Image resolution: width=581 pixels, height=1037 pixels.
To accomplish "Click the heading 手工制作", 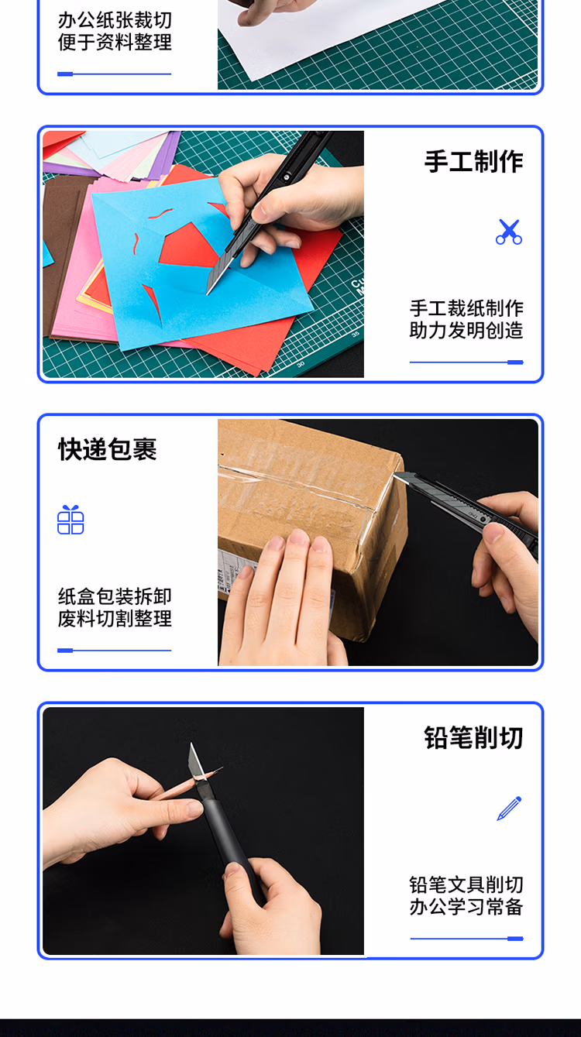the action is point(473,162).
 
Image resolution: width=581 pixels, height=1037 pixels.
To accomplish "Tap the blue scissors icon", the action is point(509,232).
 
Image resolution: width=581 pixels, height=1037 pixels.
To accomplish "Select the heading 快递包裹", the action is point(108,449).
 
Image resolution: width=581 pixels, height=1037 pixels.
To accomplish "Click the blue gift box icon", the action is point(70,520).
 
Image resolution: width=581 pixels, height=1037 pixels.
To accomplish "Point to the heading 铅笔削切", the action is point(473,737).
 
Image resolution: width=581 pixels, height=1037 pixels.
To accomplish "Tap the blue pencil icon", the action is point(509,809).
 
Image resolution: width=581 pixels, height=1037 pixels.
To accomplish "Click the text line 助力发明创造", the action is point(466,331).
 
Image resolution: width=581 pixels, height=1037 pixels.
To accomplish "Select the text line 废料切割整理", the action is point(115,619).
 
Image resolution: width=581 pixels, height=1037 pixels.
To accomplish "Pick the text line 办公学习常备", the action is point(466,906).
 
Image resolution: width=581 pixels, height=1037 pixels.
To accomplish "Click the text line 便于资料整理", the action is point(115,42).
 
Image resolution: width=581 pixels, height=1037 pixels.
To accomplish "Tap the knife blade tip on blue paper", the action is point(208,293).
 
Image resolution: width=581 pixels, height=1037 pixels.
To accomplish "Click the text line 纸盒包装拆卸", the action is point(115,596).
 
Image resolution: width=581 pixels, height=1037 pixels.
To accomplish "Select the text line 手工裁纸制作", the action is point(466,308).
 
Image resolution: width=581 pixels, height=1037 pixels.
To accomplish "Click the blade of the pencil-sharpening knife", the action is point(196,761).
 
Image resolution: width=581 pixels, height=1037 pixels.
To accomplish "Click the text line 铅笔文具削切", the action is point(466,884).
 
